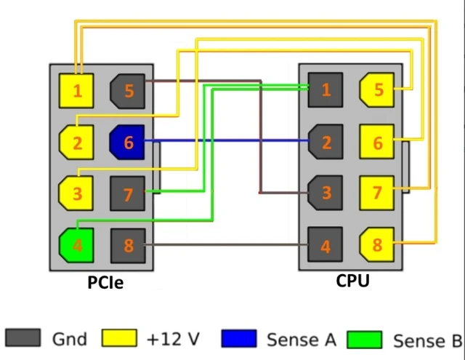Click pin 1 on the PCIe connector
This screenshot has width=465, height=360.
pyautogui.click(x=76, y=91)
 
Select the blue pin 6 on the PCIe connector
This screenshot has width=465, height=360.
pyautogui.click(x=128, y=143)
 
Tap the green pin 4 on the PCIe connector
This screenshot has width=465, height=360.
pyautogui.click(x=76, y=246)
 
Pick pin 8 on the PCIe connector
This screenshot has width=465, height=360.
pyautogui.click(x=128, y=246)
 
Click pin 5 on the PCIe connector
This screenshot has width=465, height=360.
pyautogui.click(x=128, y=91)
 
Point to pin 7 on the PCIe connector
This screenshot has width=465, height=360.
pyautogui.click(x=128, y=194)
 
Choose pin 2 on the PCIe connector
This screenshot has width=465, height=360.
pyautogui.click(x=76, y=143)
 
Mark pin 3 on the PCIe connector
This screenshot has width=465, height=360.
pyautogui.click(x=76, y=194)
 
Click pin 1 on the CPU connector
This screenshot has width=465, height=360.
pyautogui.click(x=325, y=90)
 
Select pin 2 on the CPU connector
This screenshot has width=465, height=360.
pyautogui.click(x=325, y=143)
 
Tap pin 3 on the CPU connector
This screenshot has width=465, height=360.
pyautogui.click(x=325, y=194)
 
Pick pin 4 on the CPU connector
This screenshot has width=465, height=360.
pyautogui.click(x=325, y=247)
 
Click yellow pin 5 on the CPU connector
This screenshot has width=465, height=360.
pyautogui.click(x=377, y=90)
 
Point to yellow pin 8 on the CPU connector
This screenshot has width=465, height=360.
pyautogui.click(x=377, y=246)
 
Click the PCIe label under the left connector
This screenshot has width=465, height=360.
pyautogui.click(x=105, y=282)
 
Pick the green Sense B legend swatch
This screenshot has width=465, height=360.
pyautogui.click(x=365, y=339)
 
